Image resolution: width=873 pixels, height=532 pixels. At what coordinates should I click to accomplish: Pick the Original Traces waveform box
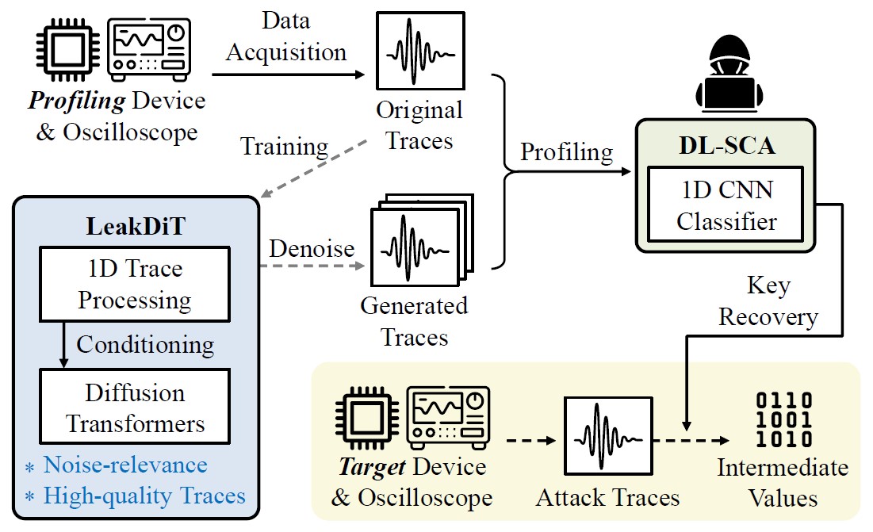(419, 49)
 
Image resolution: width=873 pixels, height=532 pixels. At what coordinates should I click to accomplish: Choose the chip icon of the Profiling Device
(68, 50)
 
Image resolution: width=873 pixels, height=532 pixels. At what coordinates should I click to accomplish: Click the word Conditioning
(145, 345)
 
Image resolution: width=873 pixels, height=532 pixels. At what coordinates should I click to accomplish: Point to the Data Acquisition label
(286, 36)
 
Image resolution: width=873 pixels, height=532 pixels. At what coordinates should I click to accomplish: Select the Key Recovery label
(767, 300)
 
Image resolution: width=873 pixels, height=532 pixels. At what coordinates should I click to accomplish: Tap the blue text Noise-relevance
(125, 465)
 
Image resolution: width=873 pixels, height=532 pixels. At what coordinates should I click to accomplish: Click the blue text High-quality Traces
(144, 496)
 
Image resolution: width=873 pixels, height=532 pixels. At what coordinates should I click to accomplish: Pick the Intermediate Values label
(783, 482)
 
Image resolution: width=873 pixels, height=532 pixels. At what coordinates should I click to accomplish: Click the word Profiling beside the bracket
(566, 151)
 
